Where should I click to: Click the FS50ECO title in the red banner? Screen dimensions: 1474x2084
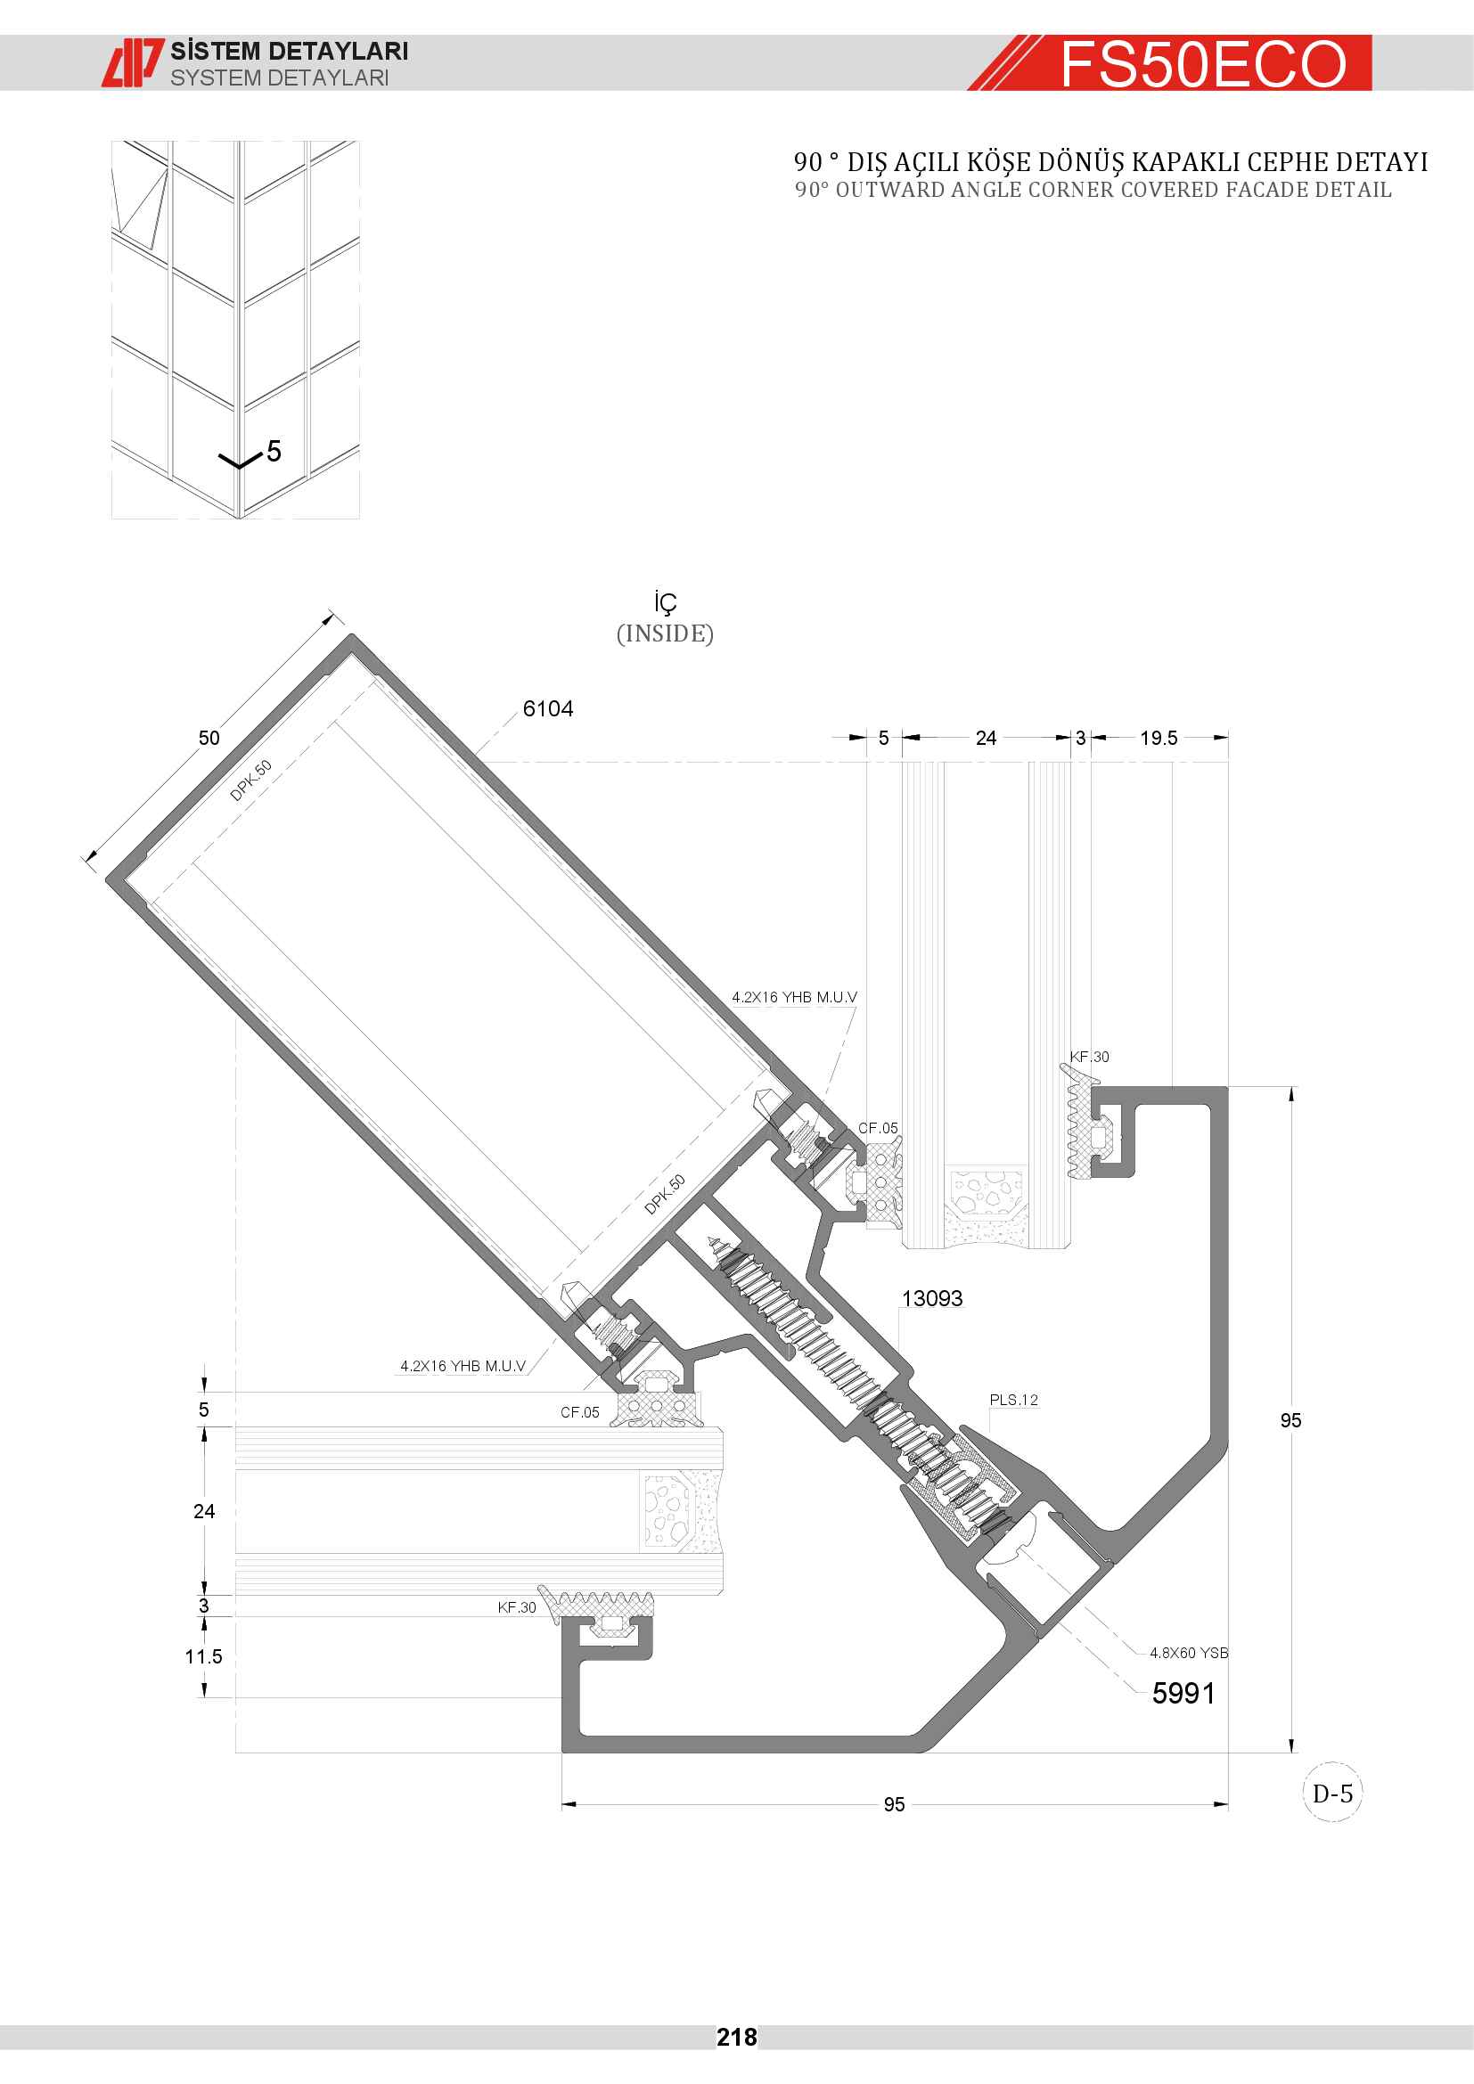click(1203, 64)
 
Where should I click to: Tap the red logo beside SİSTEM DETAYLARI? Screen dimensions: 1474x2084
click(134, 62)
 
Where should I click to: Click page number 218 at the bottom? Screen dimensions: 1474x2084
click(736, 2037)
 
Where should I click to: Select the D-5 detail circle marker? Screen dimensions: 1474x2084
click(1332, 1793)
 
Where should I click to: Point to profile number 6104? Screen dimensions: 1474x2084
click(547, 709)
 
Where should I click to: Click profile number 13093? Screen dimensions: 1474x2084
click(932, 1298)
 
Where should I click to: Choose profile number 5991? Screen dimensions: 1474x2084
click(1183, 1693)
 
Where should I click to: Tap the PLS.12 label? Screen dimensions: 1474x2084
click(1014, 1400)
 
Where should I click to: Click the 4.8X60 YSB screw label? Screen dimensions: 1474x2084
click(1189, 1653)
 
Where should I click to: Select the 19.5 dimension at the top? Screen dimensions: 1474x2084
click(1159, 738)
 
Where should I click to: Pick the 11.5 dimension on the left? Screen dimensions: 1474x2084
click(203, 1656)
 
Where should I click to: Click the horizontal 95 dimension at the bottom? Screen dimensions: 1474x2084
click(894, 1804)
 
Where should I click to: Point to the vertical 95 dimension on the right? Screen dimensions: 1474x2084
click(1290, 1420)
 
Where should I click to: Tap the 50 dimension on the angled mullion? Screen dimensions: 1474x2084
click(209, 738)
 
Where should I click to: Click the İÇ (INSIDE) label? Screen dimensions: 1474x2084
click(666, 618)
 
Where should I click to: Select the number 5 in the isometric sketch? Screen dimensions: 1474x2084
click(274, 451)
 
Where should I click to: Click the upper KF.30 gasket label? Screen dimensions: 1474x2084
click(1089, 1057)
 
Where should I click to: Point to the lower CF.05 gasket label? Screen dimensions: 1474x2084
click(580, 1412)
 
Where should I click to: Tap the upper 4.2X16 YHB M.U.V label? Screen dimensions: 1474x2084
click(794, 997)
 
